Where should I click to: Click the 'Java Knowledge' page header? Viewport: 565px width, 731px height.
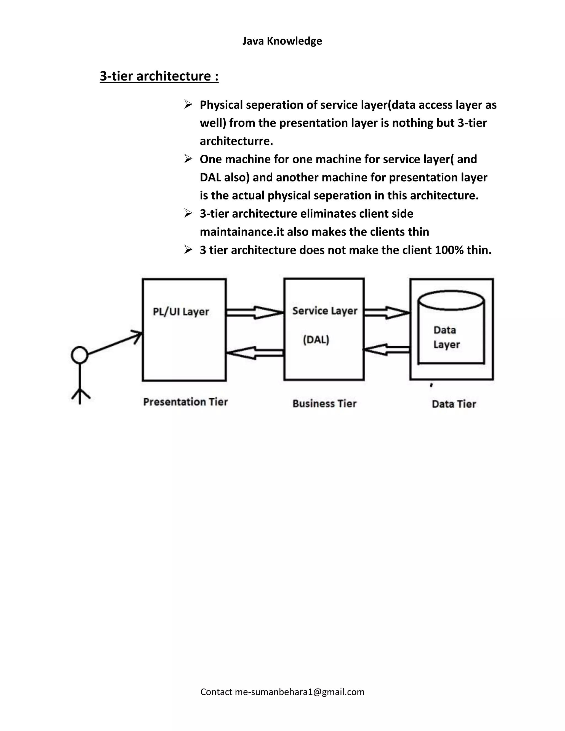tap(282, 41)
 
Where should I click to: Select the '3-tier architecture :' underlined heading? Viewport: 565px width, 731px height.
tap(159, 76)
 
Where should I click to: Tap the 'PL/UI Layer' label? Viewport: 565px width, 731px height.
tap(181, 312)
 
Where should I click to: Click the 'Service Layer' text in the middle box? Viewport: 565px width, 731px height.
tap(325, 311)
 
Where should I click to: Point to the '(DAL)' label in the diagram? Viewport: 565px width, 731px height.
tap(316, 340)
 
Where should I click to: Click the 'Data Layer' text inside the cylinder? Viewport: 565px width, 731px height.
tap(446, 337)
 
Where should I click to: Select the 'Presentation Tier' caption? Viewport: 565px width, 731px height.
tap(185, 402)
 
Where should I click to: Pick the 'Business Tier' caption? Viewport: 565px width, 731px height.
tap(324, 403)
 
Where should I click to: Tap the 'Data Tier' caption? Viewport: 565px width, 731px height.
tap(454, 404)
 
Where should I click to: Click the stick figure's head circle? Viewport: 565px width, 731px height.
tap(80, 355)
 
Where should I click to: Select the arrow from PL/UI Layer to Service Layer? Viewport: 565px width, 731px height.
tap(255, 313)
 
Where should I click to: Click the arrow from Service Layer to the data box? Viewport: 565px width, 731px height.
tap(387, 313)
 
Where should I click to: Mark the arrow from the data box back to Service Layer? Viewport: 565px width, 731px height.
tap(387, 350)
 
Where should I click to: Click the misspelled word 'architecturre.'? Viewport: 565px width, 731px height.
tap(236, 141)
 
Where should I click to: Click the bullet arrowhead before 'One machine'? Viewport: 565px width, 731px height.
tap(188, 159)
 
